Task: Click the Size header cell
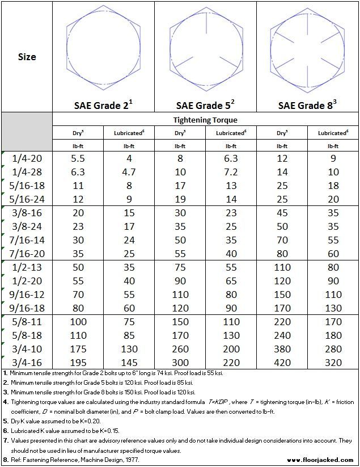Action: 27,57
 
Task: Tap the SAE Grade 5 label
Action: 205,105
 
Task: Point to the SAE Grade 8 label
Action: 307,105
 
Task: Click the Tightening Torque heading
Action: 205,120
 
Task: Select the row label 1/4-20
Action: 27,159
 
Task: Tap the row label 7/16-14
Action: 27,240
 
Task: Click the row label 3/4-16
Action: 27,361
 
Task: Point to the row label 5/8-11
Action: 27,321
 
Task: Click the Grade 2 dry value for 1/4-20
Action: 78,159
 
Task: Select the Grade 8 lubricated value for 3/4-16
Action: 333,361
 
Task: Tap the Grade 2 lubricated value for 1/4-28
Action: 129,172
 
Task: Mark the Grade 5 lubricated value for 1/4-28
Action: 231,172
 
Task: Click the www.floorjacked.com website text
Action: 320,460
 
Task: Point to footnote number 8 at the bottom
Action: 5,460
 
